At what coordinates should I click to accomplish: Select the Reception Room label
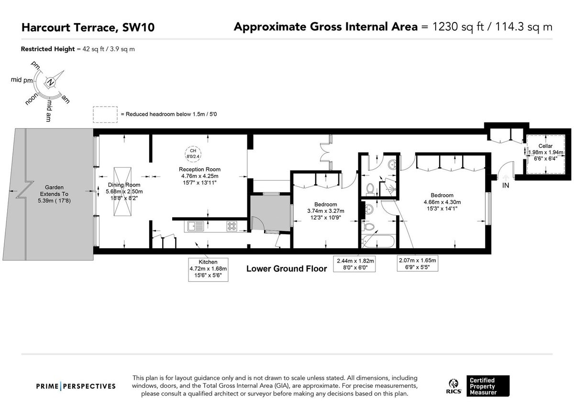[199, 169]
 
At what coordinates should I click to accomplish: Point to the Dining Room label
[110, 185]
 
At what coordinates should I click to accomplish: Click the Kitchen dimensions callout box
[208, 269]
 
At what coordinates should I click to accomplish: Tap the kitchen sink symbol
[197, 226]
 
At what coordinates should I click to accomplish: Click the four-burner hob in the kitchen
[232, 226]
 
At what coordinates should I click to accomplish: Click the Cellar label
[545, 146]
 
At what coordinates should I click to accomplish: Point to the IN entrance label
[506, 185]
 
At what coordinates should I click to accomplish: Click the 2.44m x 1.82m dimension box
[355, 264]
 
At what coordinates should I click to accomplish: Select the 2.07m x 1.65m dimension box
[417, 264]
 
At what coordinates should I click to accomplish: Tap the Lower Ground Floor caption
[287, 269]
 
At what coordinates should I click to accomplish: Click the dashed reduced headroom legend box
[105, 115]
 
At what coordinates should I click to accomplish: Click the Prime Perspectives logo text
[76, 386]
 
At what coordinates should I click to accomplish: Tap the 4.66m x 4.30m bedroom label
[442, 201]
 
